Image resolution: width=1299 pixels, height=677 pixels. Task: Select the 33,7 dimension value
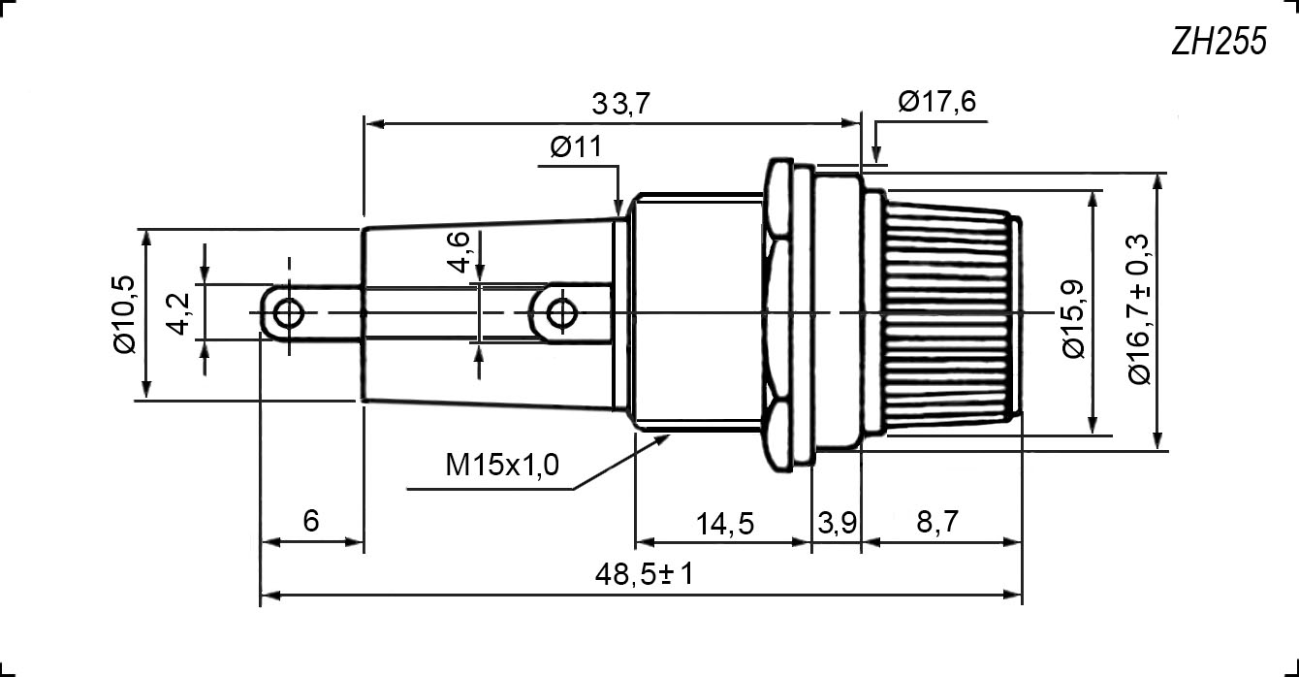point(620,104)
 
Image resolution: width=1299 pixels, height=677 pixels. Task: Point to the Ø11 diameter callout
point(576,147)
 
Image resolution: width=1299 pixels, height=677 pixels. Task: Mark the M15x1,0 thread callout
point(501,466)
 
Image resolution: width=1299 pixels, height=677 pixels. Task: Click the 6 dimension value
point(311,521)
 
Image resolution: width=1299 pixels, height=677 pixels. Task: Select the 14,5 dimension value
point(724,524)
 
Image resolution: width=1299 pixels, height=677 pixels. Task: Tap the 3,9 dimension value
point(836,524)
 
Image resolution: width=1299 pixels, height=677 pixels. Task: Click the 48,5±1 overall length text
point(645,575)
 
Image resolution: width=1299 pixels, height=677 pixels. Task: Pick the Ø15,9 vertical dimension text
point(1075,318)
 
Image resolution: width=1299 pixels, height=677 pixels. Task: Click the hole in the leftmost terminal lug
point(288,313)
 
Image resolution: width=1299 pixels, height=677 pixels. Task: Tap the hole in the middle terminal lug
point(559,313)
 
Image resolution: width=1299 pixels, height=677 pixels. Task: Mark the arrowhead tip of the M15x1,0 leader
point(672,436)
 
